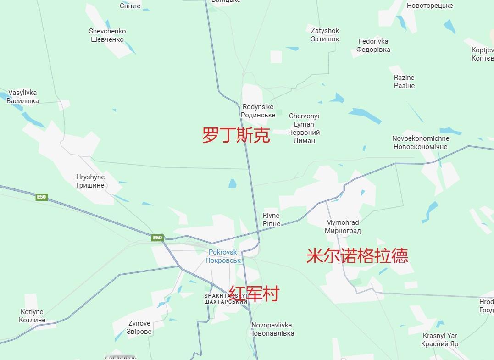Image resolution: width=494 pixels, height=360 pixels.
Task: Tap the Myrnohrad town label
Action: pyautogui.click(x=343, y=227)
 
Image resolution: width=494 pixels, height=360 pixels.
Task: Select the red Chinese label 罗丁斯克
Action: pyautogui.click(x=236, y=135)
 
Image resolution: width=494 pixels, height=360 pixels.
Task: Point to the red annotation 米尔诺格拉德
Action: pyautogui.click(x=357, y=256)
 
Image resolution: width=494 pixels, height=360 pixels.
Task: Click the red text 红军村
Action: pyautogui.click(x=254, y=294)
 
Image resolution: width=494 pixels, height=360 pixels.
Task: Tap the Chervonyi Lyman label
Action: pyautogui.click(x=304, y=128)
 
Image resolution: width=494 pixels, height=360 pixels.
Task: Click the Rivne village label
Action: pyautogui.click(x=271, y=220)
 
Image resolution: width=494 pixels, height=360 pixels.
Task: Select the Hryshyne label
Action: pyautogui.click(x=90, y=181)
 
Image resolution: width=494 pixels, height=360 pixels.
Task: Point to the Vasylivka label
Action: pyautogui.click(x=22, y=97)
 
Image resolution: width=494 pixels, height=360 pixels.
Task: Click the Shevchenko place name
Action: pyautogui.click(x=107, y=35)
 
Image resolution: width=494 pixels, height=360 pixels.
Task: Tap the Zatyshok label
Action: pyautogui.click(x=325, y=35)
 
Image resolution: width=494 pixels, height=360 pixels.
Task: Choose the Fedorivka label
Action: pyautogui.click(x=373, y=45)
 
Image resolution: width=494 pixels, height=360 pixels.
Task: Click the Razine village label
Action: pyautogui.click(x=404, y=82)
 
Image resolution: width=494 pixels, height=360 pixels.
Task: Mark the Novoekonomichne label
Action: pyautogui.click(x=420, y=143)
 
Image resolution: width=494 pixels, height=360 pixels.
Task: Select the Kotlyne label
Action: pyautogui.click(x=32, y=316)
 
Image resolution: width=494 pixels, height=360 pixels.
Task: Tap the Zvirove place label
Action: pyautogui.click(x=139, y=327)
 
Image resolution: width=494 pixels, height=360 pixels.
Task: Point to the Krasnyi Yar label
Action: pyautogui.click(x=439, y=340)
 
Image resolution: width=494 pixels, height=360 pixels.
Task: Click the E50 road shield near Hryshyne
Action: pyautogui.click(x=42, y=197)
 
